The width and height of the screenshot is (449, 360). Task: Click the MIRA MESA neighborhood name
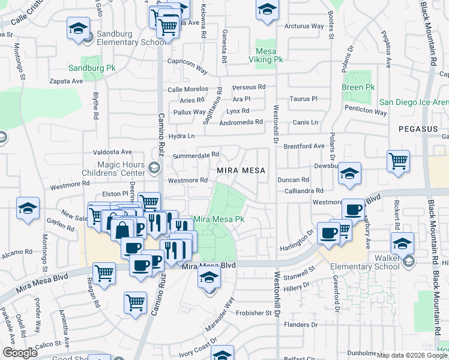(241, 170)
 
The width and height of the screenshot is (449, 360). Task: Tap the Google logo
(19, 353)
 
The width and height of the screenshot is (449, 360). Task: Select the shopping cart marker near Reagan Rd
(104, 272)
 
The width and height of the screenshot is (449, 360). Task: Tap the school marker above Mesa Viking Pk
(267, 10)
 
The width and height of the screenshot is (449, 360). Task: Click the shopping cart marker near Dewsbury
(398, 160)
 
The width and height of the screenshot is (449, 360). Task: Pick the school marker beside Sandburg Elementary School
(78, 29)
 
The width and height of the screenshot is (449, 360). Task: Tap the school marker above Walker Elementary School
(402, 243)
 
